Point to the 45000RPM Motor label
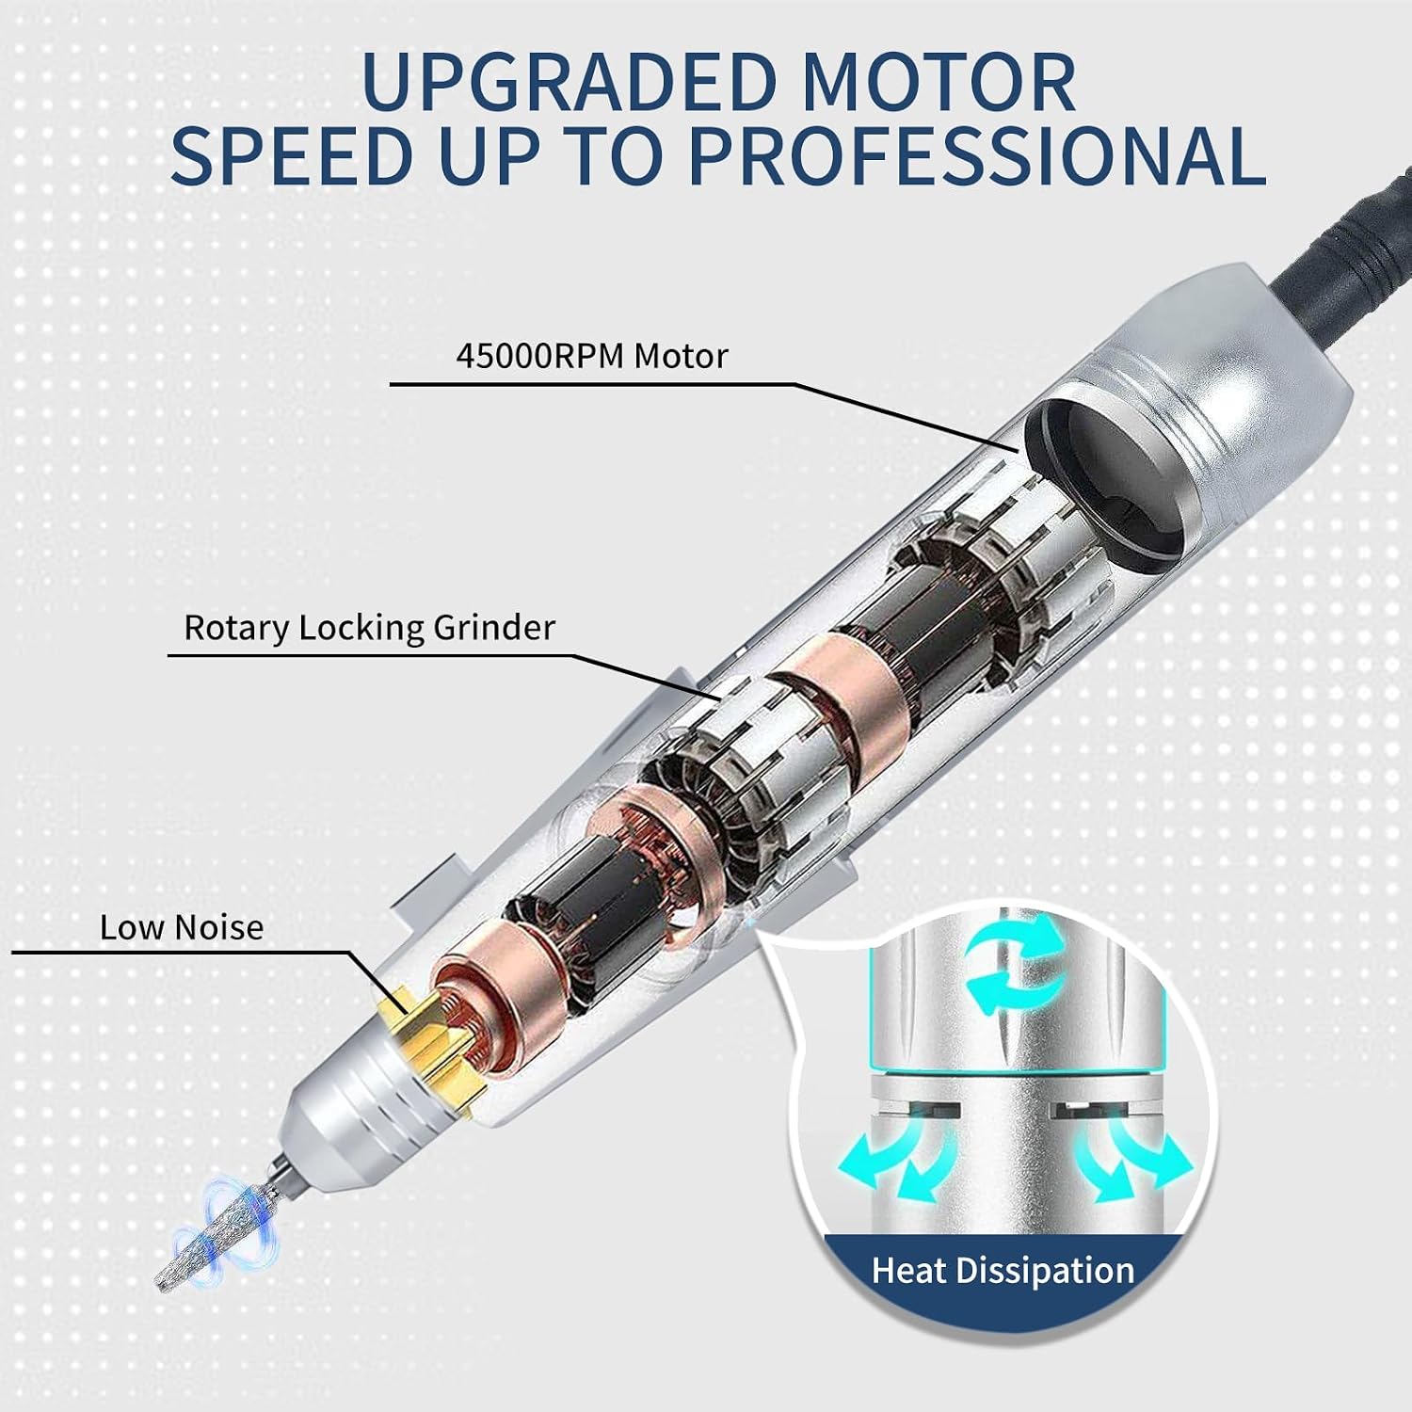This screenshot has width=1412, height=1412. (592, 357)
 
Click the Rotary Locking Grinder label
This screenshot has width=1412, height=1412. (369, 628)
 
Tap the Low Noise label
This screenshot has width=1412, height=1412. (182, 928)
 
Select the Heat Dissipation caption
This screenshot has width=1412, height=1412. (1003, 1271)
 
